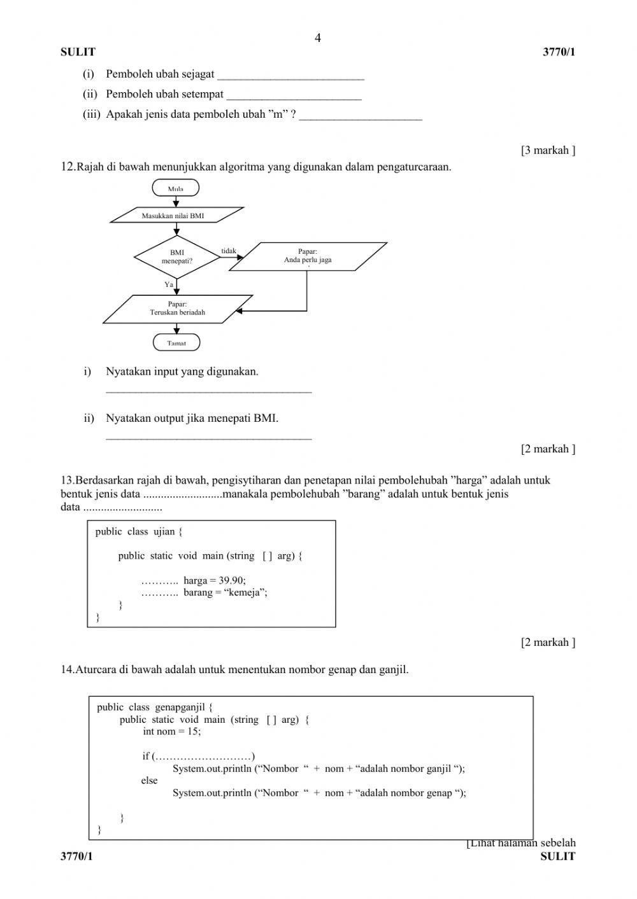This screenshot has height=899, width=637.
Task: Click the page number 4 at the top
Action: click(318, 38)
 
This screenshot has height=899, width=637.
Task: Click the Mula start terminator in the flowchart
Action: click(176, 188)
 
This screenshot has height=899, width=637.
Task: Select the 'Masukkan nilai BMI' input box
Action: click(176, 215)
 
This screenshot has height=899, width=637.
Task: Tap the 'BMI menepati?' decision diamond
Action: click(176, 256)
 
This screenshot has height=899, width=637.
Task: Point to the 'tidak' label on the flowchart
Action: click(229, 251)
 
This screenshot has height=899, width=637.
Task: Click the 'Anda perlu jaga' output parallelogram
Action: click(308, 256)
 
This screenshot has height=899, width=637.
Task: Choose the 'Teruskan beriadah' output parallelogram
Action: click(178, 309)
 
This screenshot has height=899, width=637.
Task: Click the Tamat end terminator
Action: click(176, 342)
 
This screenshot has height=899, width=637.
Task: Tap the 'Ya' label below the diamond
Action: click(169, 284)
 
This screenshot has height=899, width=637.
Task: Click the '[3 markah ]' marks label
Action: click(548, 151)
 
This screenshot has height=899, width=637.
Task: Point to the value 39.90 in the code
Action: click(232, 580)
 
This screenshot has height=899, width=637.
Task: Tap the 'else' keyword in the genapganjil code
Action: click(149, 781)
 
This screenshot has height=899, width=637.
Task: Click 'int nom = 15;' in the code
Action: click(171, 732)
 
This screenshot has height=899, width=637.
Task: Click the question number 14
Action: click(68, 669)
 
